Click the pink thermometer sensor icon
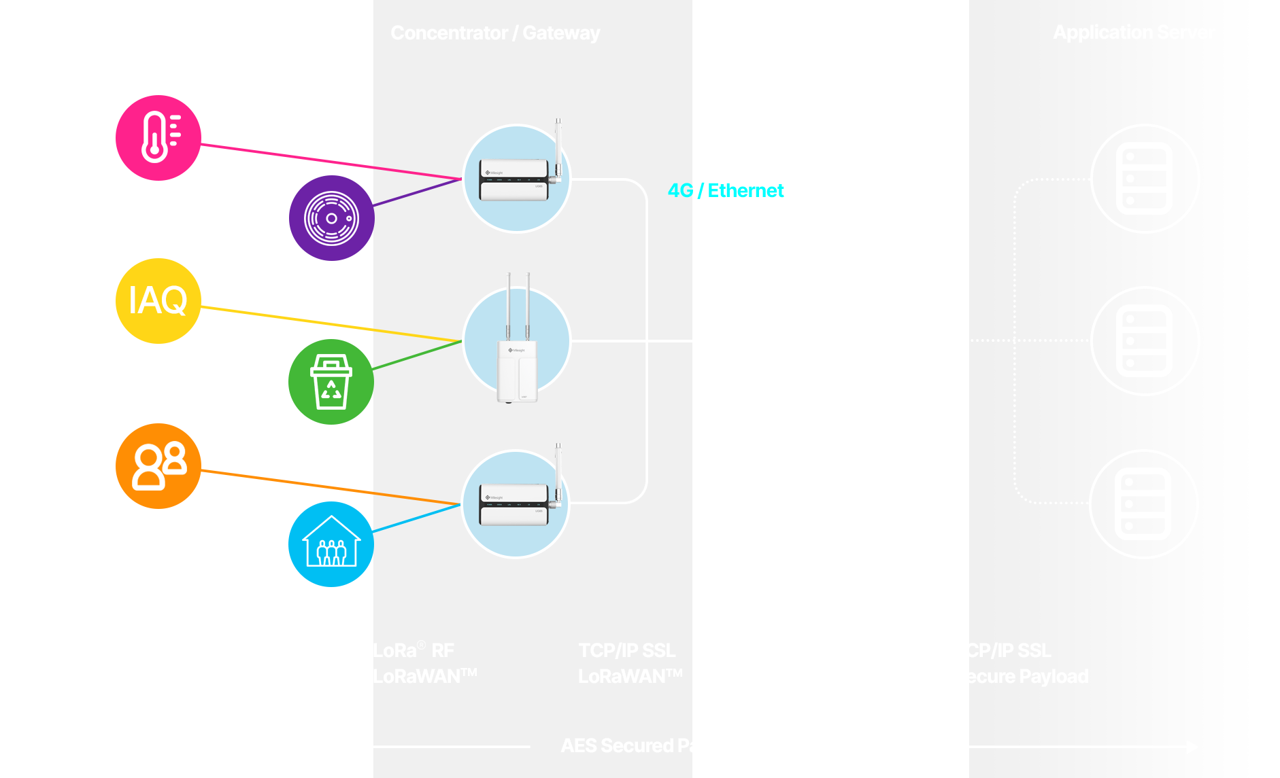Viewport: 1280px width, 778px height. (x=158, y=138)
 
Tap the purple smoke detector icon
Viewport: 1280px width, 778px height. (x=331, y=218)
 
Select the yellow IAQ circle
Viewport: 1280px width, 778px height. (x=158, y=300)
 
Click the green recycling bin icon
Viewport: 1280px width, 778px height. (x=331, y=382)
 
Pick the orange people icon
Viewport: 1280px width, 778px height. (x=158, y=466)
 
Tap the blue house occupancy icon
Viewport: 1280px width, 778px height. (x=331, y=544)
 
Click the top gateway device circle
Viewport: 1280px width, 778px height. (x=516, y=179)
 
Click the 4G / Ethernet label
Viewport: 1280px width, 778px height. (x=725, y=190)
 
